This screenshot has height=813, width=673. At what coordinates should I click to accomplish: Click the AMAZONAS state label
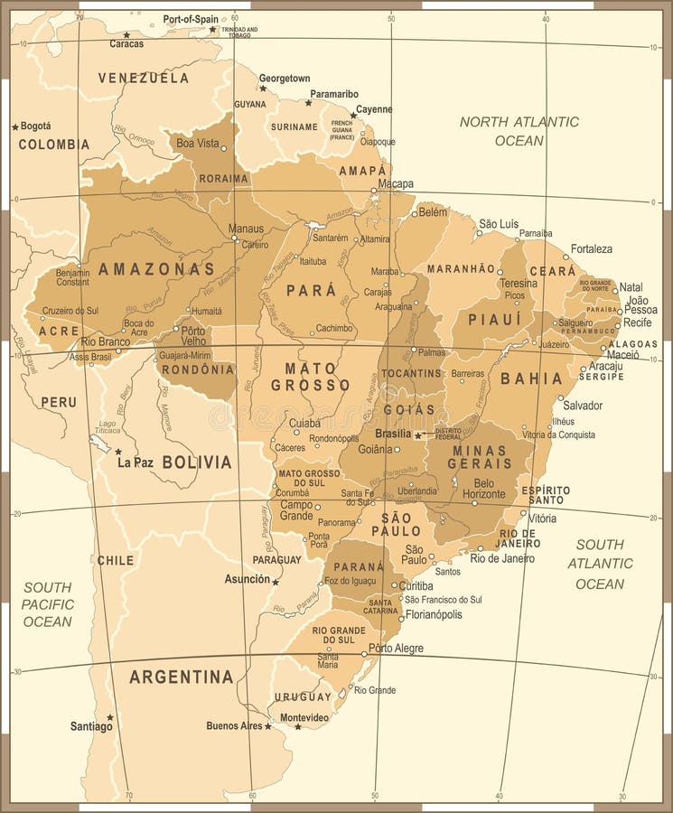coord(156,268)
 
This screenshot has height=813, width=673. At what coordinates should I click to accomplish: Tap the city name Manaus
coord(246,229)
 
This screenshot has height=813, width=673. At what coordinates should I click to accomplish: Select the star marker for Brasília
coord(417,435)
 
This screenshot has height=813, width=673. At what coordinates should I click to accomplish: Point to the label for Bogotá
coord(36,126)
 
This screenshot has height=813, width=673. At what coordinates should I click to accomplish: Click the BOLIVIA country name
coord(197,462)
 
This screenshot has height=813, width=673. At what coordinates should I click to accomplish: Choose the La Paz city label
coord(136,462)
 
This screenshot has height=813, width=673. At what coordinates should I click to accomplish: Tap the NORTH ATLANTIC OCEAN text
coord(519,131)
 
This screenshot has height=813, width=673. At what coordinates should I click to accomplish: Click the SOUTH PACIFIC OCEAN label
coord(48,604)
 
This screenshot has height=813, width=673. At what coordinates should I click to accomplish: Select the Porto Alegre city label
coord(396,649)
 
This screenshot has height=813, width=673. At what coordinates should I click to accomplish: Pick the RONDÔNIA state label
coord(196,369)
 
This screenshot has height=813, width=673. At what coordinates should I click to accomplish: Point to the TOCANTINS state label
coord(411,372)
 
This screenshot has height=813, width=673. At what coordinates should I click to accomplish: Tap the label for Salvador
coord(583,406)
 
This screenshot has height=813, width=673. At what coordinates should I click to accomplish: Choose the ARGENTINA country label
coord(181,677)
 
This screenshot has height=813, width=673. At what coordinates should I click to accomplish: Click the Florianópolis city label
coord(434,614)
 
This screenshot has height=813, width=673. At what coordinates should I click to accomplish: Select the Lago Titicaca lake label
coord(107,426)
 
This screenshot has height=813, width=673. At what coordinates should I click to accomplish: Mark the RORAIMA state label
coord(223,178)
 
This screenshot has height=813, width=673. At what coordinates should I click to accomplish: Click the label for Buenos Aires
coord(234,725)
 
